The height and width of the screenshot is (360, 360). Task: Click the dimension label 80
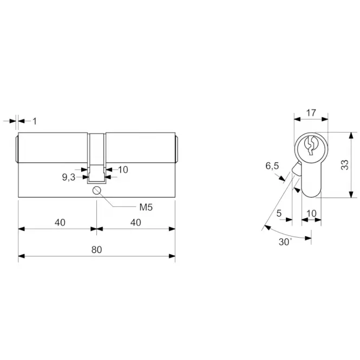96,250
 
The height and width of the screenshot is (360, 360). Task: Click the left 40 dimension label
60,222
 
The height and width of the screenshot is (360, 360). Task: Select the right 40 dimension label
136,222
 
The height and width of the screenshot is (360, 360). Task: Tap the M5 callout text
146,207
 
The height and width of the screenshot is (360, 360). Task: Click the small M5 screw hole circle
97,191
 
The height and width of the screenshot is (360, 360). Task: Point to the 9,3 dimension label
69,177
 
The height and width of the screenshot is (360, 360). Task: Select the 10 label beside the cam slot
123,169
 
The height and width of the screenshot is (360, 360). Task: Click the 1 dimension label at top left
35,121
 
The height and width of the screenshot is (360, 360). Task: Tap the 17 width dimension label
311,113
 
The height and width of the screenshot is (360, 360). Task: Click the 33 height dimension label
345,165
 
